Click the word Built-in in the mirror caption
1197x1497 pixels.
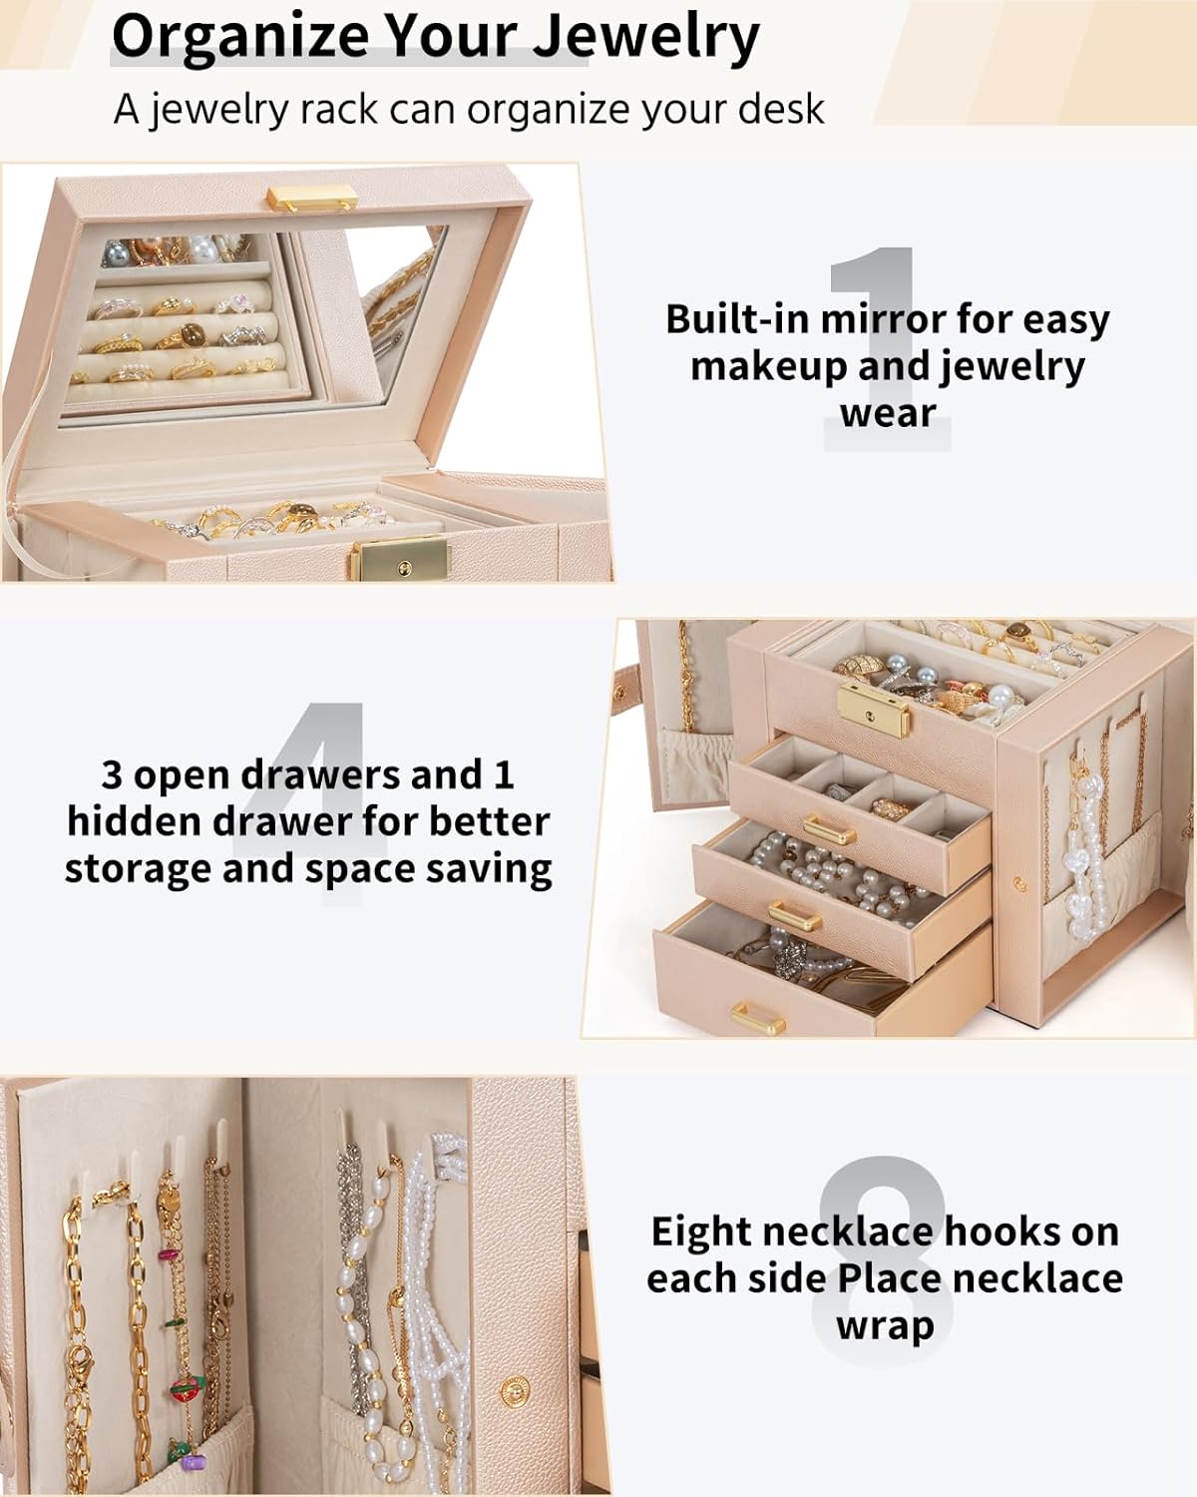coord(737,319)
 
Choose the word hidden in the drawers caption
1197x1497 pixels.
coord(136,821)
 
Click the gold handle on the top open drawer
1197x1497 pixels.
coord(830,828)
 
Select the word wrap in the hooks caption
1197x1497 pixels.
coord(885,1326)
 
